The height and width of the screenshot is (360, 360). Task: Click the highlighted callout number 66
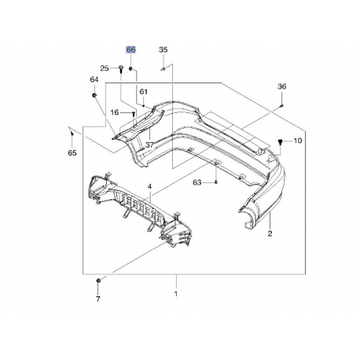(131, 50)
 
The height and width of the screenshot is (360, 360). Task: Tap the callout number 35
(163, 50)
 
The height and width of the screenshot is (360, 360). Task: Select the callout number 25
(105, 68)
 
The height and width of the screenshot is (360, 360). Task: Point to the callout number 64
(94, 79)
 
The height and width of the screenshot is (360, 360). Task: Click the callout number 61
(144, 91)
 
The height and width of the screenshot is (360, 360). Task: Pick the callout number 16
(115, 112)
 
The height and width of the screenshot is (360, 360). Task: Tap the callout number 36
(282, 86)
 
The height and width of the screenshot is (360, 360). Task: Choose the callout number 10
(298, 141)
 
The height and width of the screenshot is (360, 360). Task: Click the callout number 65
(72, 152)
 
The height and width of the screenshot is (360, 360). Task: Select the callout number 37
(149, 145)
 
